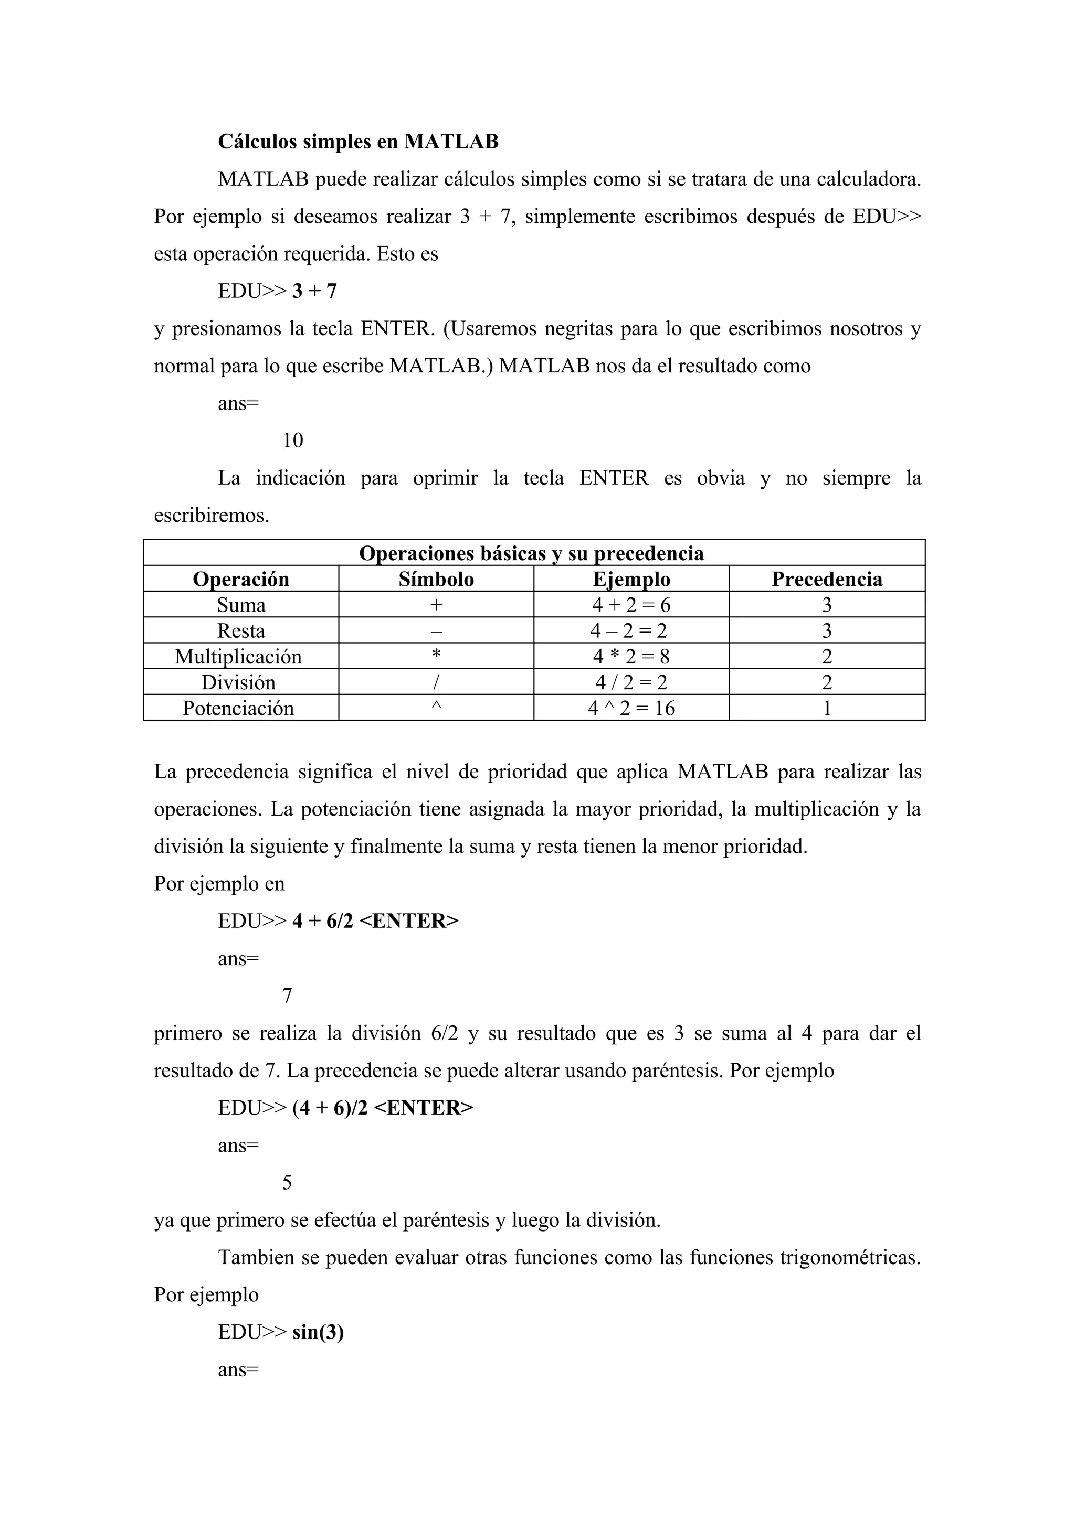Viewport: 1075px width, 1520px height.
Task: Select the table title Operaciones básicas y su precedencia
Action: (531, 553)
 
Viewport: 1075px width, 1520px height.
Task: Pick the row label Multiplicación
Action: (238, 657)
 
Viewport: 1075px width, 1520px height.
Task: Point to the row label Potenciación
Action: (238, 709)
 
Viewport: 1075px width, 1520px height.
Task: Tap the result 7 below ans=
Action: (287, 996)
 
